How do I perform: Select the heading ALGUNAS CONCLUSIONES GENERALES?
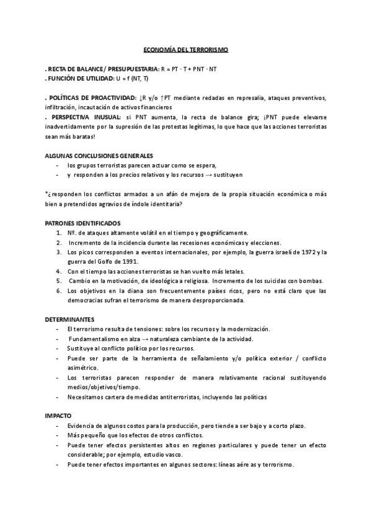tap(99, 155)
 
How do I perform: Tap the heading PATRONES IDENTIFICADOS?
tap(82, 223)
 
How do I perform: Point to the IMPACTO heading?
tap(59, 414)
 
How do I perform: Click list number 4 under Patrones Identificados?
tap(58, 272)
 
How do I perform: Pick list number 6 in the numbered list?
tap(58, 291)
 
